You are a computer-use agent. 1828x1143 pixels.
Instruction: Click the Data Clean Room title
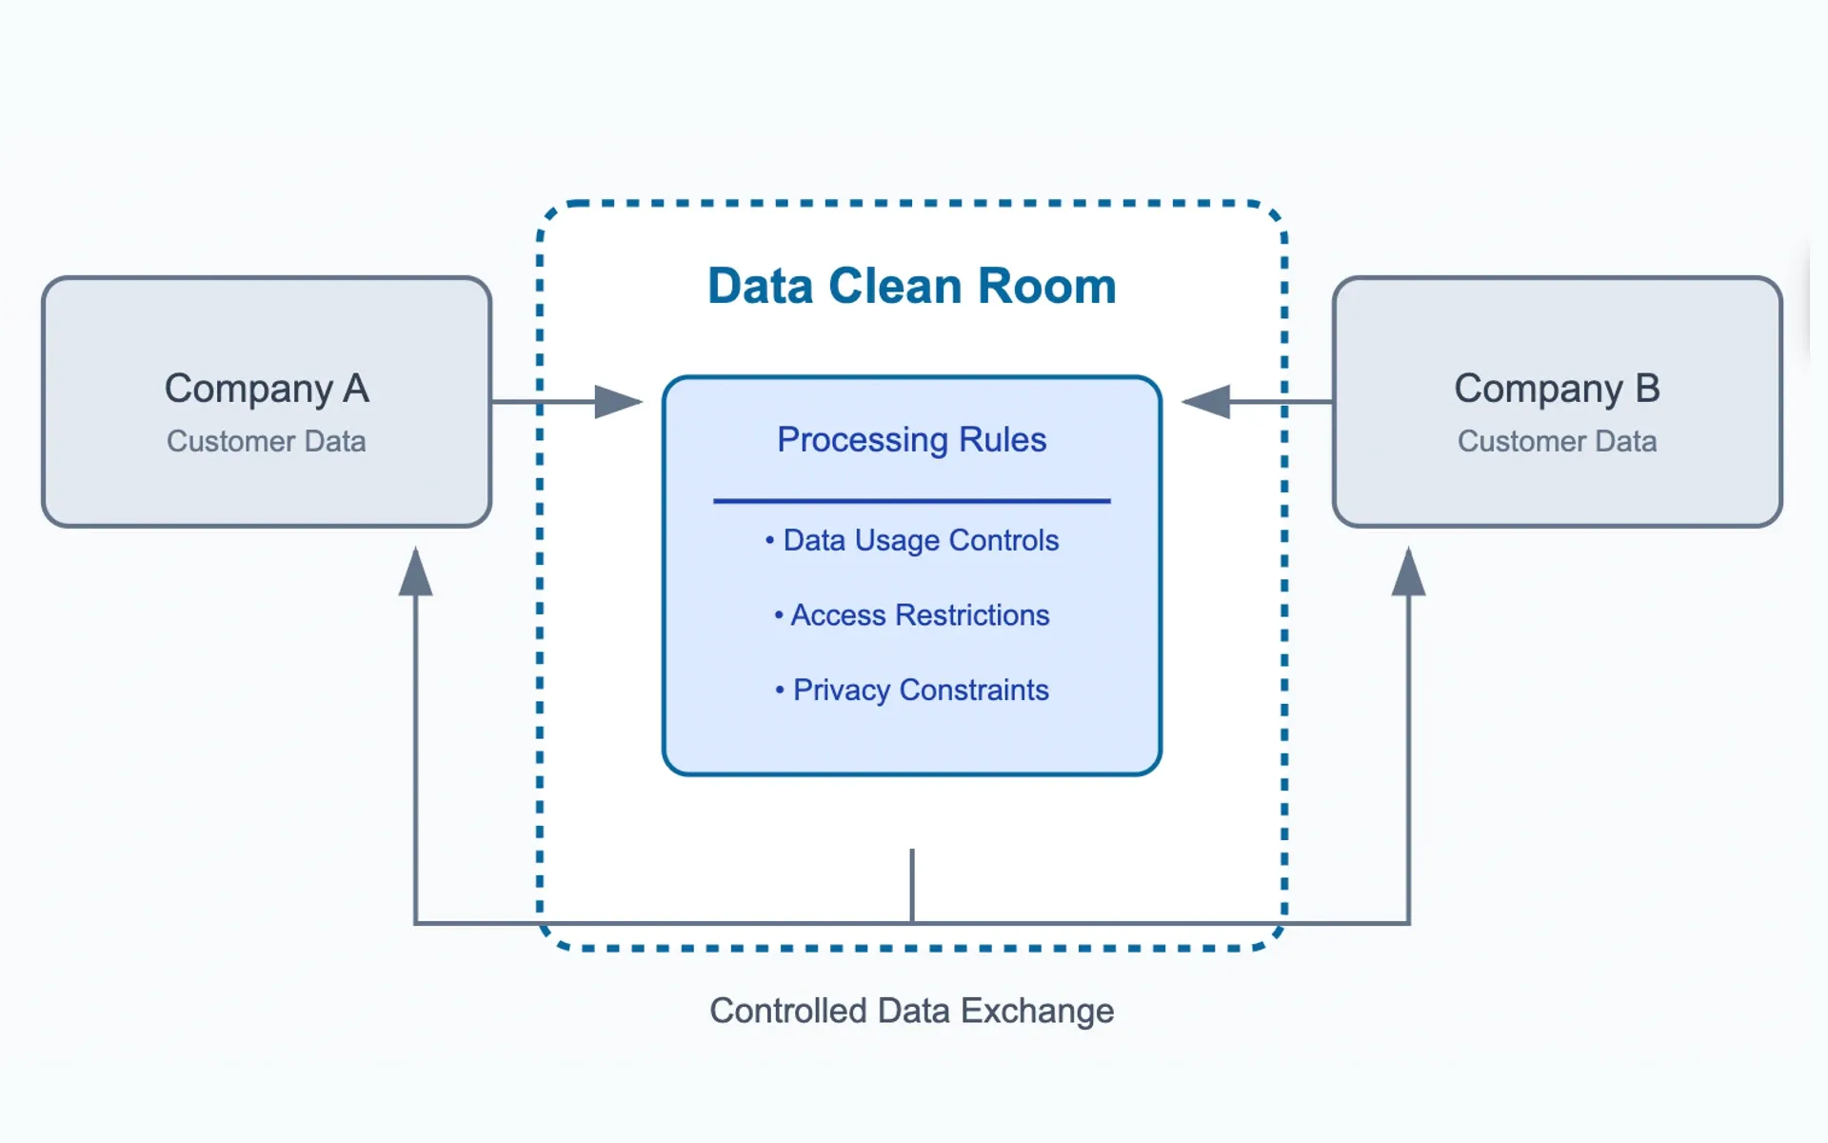pos(911,286)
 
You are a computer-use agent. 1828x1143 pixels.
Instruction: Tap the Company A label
pos(267,389)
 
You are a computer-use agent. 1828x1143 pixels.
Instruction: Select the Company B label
pos(1557,389)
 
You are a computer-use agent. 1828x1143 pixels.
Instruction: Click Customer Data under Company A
pos(267,442)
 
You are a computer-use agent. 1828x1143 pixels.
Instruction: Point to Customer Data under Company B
pos(1557,442)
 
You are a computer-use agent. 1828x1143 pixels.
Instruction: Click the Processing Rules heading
pos(911,440)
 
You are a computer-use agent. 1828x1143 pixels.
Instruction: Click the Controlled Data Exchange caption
pos(911,1011)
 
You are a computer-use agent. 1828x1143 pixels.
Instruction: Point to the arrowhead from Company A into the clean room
pos(618,402)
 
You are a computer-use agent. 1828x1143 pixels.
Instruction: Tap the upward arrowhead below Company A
pos(416,573)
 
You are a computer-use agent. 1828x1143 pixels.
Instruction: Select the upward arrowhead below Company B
pos(1408,573)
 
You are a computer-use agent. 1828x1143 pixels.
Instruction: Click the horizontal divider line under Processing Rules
pos(911,500)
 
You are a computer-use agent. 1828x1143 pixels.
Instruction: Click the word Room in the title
pos(1047,286)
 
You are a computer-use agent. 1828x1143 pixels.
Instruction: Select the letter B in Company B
pos(1647,389)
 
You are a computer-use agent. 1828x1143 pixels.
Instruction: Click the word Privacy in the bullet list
pos(842,690)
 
